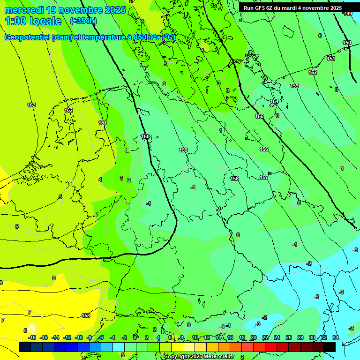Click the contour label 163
point(31,105)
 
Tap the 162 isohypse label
point(69,110)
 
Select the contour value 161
point(103,123)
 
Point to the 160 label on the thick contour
point(145,137)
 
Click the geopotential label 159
point(183,150)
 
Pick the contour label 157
point(264,177)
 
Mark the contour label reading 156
point(264,149)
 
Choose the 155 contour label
point(259,116)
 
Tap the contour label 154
point(274,101)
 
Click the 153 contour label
point(294,86)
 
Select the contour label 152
point(313,72)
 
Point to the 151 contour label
point(331,59)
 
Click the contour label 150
point(347,43)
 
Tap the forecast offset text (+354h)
point(83,21)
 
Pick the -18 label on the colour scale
point(32,337)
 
